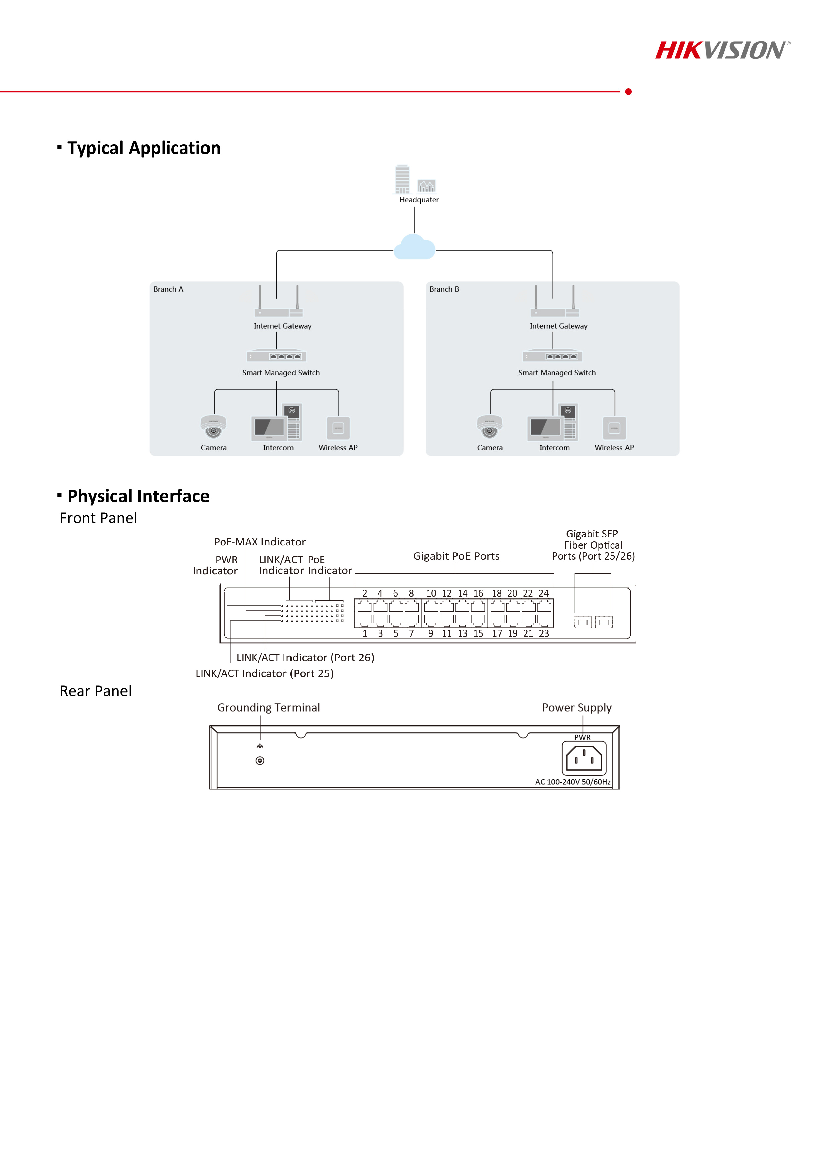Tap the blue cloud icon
pos(414,247)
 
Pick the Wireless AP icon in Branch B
pos(614,428)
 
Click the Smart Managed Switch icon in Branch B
pos(553,356)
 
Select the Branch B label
pos(444,289)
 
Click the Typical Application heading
pos(144,148)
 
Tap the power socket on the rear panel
pos(584,758)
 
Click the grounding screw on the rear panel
pos(260,761)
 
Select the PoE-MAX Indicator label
pos(260,542)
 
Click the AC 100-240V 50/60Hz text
pos(573,782)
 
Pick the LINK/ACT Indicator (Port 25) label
pos(265,673)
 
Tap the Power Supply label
pos(577,708)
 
